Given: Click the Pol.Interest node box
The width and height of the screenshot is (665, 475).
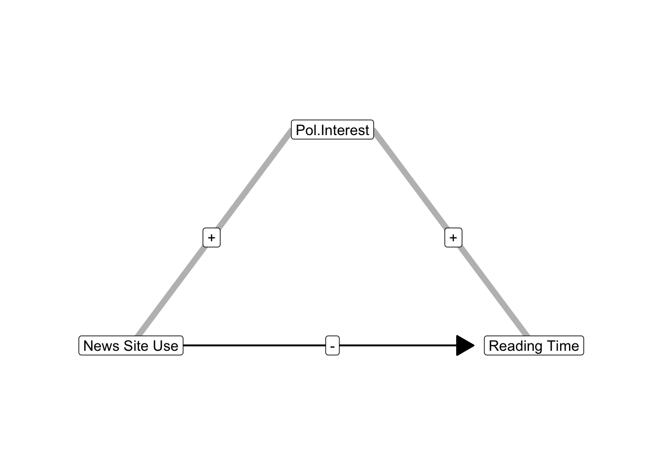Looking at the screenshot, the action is pos(332,130).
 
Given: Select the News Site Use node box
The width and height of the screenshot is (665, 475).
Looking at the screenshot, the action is pos(131,345).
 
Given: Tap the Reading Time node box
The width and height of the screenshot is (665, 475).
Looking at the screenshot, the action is pos(534,345).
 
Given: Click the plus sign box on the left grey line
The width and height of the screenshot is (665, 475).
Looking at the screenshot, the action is pos(211,237).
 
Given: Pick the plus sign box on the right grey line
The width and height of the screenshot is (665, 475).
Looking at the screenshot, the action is pos(453,237).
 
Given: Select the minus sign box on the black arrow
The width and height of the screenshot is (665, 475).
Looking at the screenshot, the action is pos(332,345).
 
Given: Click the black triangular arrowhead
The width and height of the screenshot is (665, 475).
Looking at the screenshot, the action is pos(465,345).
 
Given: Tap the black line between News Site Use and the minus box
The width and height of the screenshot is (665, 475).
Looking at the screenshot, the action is pos(254,345).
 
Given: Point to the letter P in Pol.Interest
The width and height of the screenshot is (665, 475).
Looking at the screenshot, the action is pos(300,130).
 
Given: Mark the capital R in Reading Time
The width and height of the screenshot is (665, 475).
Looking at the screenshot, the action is pos(494,346).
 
